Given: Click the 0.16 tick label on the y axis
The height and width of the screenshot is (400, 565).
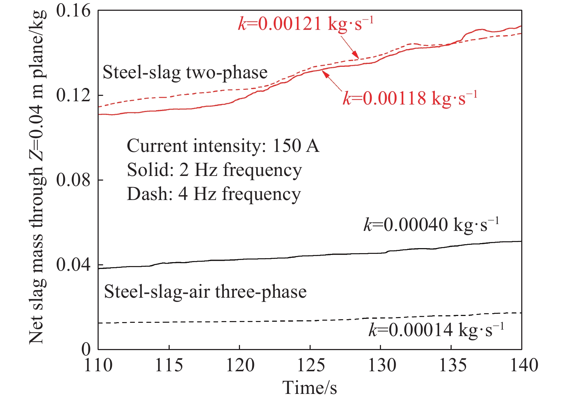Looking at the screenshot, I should [x=74, y=11].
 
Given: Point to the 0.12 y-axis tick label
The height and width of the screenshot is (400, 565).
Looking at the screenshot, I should [x=74, y=96].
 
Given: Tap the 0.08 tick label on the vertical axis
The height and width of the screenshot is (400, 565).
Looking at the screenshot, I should [x=74, y=180].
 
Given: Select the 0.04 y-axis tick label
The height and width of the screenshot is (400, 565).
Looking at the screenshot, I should [x=74, y=265].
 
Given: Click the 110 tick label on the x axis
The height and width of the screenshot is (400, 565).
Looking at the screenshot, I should [x=98, y=366].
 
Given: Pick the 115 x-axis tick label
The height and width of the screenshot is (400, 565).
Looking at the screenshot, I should [x=169, y=366].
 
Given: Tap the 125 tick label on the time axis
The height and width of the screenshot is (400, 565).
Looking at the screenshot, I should [x=310, y=366].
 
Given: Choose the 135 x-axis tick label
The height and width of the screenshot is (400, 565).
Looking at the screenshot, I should [x=452, y=366].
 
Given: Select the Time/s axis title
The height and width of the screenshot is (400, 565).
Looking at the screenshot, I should [x=310, y=388].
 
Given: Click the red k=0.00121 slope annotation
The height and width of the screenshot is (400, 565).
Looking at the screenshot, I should [x=306, y=24].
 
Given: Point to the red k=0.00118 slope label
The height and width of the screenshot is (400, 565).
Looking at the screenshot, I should [x=410, y=98].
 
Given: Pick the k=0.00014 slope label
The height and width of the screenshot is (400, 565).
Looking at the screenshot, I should [x=436, y=330].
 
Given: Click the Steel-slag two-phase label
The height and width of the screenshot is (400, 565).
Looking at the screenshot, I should [x=185, y=73].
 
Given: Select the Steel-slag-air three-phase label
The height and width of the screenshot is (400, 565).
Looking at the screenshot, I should [x=205, y=292].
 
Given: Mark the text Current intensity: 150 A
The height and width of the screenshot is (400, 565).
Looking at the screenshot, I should [x=223, y=146].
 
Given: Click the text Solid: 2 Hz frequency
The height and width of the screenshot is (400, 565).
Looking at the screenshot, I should [x=214, y=170].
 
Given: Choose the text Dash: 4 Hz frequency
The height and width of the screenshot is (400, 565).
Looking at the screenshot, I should [x=214, y=194].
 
